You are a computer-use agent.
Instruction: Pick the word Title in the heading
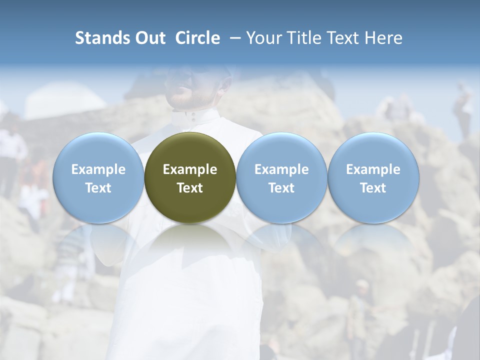302,38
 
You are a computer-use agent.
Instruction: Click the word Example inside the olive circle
190,169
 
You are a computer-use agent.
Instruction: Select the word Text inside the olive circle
190,188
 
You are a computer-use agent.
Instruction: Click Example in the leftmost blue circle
98,169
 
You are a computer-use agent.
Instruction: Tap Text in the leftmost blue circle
98,188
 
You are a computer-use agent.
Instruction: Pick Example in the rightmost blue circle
373,169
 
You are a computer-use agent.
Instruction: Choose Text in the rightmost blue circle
373,188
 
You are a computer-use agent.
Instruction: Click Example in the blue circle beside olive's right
281,169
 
